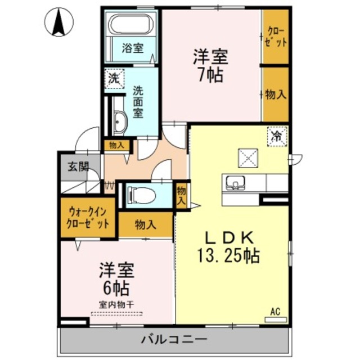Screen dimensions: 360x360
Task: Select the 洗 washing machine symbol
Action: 114,79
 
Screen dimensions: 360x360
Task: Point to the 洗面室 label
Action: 138,101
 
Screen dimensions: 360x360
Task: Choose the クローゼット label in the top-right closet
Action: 276,37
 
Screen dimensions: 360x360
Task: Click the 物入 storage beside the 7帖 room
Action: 276,94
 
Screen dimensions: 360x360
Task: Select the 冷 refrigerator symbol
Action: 277,136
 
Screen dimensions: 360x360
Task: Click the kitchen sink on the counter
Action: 235,183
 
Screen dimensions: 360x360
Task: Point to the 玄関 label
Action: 79,166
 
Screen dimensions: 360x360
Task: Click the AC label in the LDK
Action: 275,311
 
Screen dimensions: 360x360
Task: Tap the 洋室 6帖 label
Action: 117,279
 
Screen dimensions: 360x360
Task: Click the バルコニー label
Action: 174,340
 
